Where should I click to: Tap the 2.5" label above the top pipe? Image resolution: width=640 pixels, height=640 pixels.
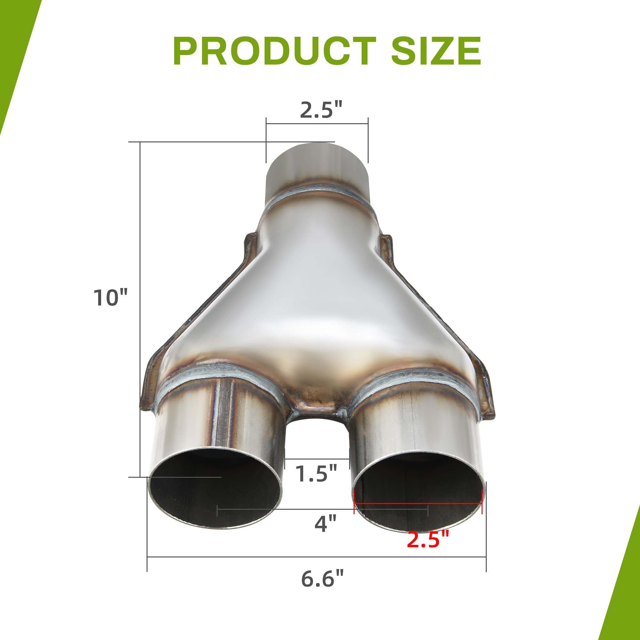[x=321, y=110]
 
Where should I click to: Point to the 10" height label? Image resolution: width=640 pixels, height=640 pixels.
[x=110, y=297]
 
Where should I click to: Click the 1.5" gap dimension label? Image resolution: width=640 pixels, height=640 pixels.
[x=316, y=474]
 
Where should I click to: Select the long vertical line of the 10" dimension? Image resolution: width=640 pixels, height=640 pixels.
[x=140, y=298]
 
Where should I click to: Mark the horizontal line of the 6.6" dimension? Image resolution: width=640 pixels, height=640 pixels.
[x=316, y=557]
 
